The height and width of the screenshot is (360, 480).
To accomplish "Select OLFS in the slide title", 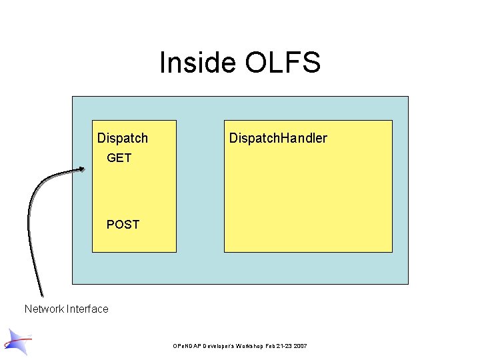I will tap(283, 63).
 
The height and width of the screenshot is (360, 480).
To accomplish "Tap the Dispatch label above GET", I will tap(123, 138).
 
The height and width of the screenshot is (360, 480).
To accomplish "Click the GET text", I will tap(119, 158).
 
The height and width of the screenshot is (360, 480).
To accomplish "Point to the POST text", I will tap(123, 225).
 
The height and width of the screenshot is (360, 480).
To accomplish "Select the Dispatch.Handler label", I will tap(278, 138).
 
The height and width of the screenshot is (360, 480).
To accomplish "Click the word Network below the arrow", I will tap(44, 309).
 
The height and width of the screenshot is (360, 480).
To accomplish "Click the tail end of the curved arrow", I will tap(41, 294).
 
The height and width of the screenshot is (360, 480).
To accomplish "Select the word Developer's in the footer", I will tap(225, 347).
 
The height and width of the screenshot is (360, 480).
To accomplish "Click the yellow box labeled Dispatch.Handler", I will tap(308, 200).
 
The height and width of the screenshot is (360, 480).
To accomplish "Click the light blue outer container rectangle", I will tap(200, 267).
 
